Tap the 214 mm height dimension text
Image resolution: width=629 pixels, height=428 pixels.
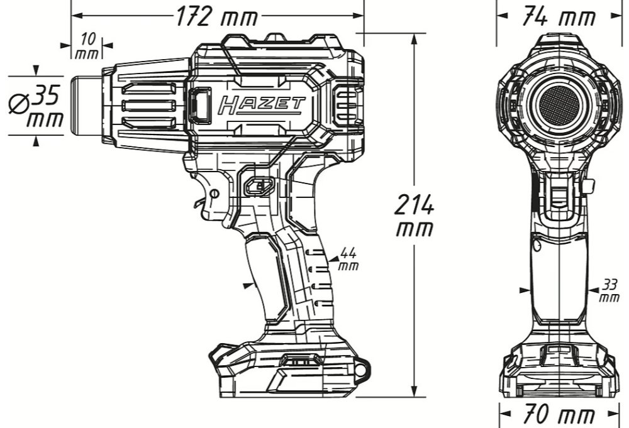tap(415, 215)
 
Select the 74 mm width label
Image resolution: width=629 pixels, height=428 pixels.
tap(559, 16)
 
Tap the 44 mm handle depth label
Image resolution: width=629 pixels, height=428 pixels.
tap(348, 259)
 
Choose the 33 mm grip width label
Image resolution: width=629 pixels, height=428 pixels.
tap(609, 290)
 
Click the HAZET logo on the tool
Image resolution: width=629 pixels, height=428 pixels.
tap(262, 105)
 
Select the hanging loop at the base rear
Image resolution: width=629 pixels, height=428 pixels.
tap(362, 368)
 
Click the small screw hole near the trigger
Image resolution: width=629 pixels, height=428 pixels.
tap(214, 194)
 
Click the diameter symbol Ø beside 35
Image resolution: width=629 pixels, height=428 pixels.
tap(19, 103)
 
